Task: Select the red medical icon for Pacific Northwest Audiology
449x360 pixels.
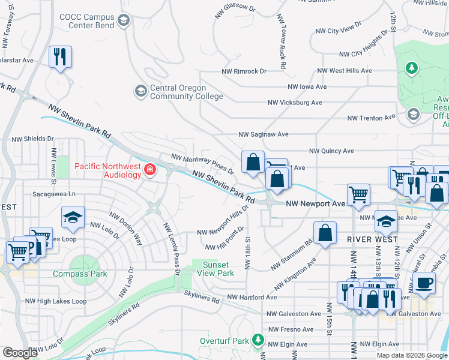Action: tap(149, 172)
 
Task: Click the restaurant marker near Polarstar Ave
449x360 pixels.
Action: tap(60, 58)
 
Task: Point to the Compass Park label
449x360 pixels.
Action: tap(79, 274)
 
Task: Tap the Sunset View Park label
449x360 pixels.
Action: tap(217, 269)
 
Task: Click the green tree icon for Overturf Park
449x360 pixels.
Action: tap(258, 341)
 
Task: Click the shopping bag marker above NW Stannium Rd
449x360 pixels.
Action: tap(324, 233)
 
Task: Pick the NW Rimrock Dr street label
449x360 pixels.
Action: tap(244, 71)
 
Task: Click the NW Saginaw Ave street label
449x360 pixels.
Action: tap(264, 134)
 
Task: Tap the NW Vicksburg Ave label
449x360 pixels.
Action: tap(295, 103)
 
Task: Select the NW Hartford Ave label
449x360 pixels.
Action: tap(252, 297)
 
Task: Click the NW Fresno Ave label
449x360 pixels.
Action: tap(291, 329)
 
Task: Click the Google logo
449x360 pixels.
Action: tap(20, 353)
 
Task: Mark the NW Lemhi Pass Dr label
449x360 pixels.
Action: tap(170, 246)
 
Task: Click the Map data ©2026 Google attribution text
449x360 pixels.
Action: tap(412, 355)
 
